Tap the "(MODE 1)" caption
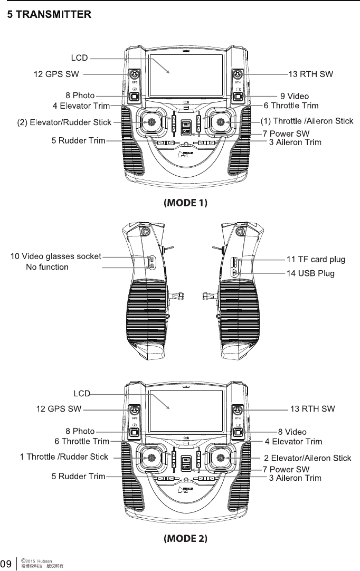[186, 203]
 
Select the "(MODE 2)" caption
[186, 538]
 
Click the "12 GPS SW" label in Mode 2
[59, 408]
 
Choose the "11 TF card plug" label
[316, 259]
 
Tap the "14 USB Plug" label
[310, 273]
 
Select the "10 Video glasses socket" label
[56, 256]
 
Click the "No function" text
[47, 267]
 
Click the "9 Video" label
[295, 96]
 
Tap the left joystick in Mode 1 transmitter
[151, 121]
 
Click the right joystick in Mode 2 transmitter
[220, 458]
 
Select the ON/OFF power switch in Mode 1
[186, 127]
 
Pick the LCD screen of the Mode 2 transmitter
[186, 411]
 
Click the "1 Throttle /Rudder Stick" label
[64, 456]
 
